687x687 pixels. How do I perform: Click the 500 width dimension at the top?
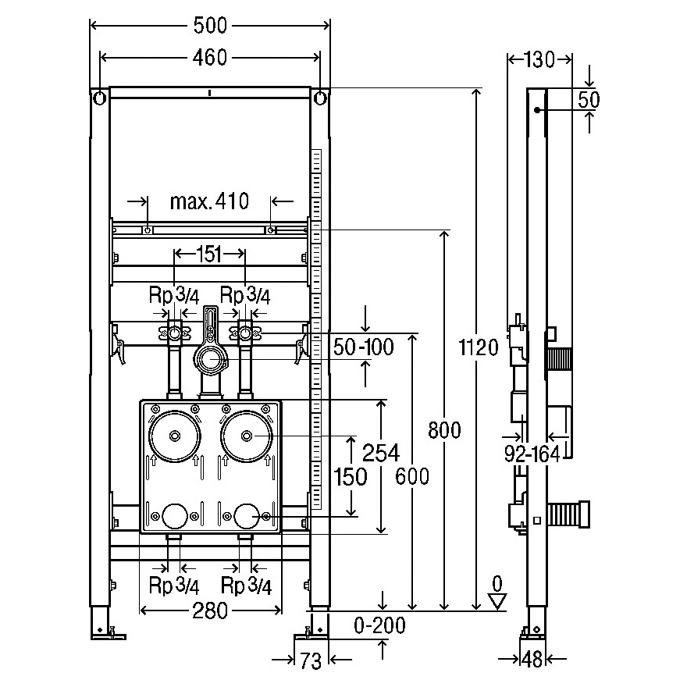211,25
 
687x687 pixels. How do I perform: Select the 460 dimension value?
211,57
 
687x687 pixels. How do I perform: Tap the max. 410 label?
209,202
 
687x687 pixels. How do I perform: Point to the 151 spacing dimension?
209,253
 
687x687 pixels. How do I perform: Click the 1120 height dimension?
476,347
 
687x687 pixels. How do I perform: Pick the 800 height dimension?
444,429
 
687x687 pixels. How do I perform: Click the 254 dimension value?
382,452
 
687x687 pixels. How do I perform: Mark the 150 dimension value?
350,475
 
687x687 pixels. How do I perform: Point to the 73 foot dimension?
311,661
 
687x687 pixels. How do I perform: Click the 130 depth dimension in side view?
540,59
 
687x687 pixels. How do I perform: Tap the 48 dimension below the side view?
532,660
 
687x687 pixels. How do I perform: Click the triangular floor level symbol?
497,600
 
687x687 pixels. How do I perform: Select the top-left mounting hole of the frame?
100,98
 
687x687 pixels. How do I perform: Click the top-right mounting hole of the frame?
321,98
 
